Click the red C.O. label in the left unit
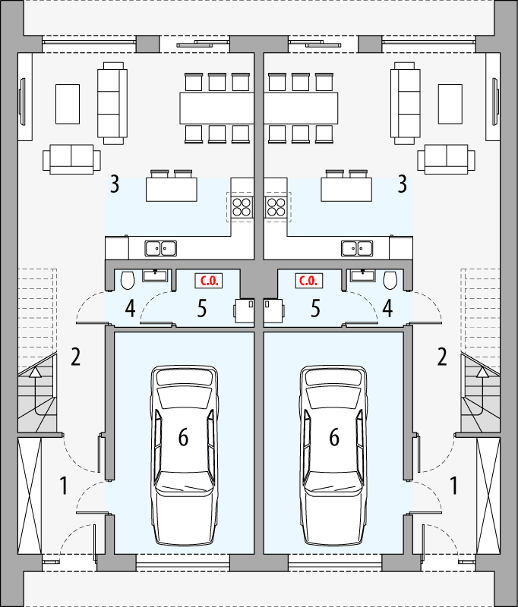coord(209,281)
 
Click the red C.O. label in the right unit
coord(308,281)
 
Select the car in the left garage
coord(184,454)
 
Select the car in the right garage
coord(334,454)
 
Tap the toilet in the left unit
coord(128,281)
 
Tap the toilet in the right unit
coord(390,281)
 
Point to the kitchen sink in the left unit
coord(161,247)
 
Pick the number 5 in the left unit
coord(201,308)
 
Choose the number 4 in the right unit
coord(387,308)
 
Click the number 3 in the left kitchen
coord(115,184)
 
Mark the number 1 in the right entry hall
coord(454,485)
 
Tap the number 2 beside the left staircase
coord(76,355)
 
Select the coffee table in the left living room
coord(68,103)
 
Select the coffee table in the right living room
coord(450,103)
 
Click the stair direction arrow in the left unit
coord(35,371)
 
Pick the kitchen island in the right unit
coord(346,189)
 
